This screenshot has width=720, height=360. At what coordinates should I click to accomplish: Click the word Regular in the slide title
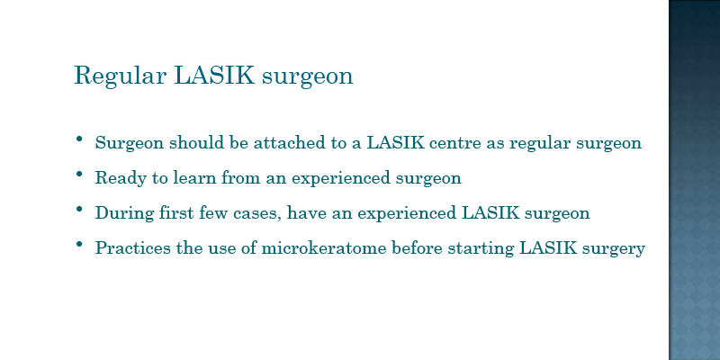pos(120,76)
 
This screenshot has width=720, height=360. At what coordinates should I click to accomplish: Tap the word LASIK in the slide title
pos(214,75)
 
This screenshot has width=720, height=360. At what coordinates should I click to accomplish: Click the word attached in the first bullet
pos(289,143)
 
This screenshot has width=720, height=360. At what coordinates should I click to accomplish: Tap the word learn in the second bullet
pos(194,177)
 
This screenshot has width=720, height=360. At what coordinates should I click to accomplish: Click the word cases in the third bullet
pos(256,214)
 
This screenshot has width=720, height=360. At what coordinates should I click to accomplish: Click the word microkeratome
pos(324,248)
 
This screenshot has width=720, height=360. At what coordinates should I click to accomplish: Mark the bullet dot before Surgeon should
pos(79,139)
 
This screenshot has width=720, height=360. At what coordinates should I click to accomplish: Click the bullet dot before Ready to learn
pos(79,174)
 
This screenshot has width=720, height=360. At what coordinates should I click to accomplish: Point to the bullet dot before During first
pos(79,209)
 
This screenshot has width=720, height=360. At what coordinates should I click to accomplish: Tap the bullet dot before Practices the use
pos(79,244)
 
